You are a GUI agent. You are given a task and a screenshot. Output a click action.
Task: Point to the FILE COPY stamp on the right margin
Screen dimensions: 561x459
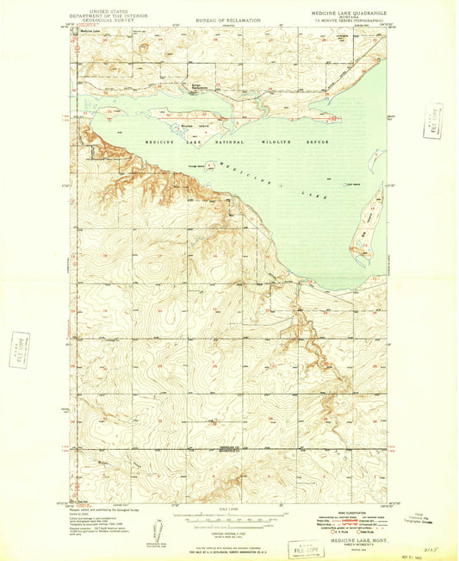coord(432,120)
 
